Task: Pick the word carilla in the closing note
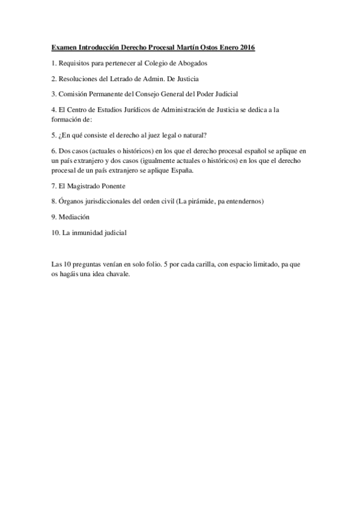click(x=201, y=264)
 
